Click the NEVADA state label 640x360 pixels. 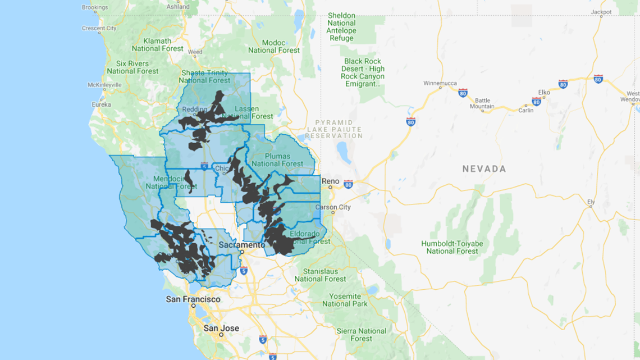click(484, 168)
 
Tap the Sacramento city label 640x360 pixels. click(241, 245)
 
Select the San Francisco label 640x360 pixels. click(193, 299)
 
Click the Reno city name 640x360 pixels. click(330, 181)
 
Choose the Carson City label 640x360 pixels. click(333, 207)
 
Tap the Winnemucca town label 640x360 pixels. click(440, 84)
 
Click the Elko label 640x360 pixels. click(544, 92)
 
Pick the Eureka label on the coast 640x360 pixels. click(102, 104)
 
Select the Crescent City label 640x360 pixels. click(99, 28)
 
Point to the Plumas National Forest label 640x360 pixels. click(277, 160)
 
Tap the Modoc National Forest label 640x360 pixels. click(273, 46)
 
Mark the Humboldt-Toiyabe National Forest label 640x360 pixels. click(452, 247)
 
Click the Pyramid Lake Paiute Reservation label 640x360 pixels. click(334, 129)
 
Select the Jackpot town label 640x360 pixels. click(601, 12)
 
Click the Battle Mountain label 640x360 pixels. click(482, 103)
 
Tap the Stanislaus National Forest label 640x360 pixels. click(320, 275)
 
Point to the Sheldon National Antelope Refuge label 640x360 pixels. click(341, 27)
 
